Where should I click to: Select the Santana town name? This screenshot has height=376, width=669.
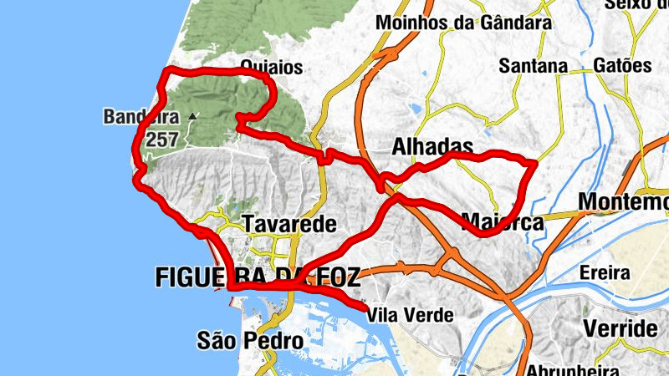click(533, 65)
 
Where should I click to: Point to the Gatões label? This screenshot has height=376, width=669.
click(622, 64)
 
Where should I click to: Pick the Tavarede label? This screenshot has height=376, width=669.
click(289, 224)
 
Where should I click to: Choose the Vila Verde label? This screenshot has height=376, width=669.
click(410, 316)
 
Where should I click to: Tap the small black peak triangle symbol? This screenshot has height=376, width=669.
click(193, 116)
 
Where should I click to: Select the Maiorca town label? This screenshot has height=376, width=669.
click(502, 221)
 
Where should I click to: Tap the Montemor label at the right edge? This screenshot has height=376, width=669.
click(624, 202)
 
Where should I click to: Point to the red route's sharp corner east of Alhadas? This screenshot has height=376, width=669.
click(534, 163)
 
